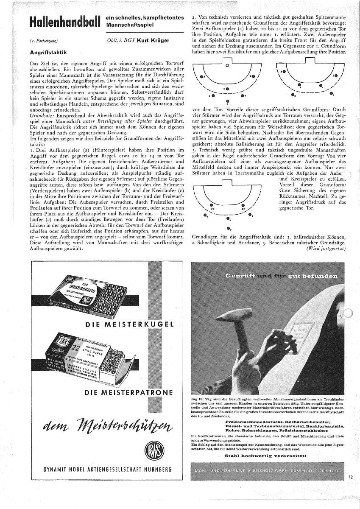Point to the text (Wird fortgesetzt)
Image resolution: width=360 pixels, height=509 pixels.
point(326,248)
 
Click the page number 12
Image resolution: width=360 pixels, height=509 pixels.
point(351,478)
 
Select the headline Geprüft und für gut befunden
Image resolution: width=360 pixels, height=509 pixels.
point(282,276)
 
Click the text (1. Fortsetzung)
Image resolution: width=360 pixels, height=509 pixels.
point(41,41)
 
